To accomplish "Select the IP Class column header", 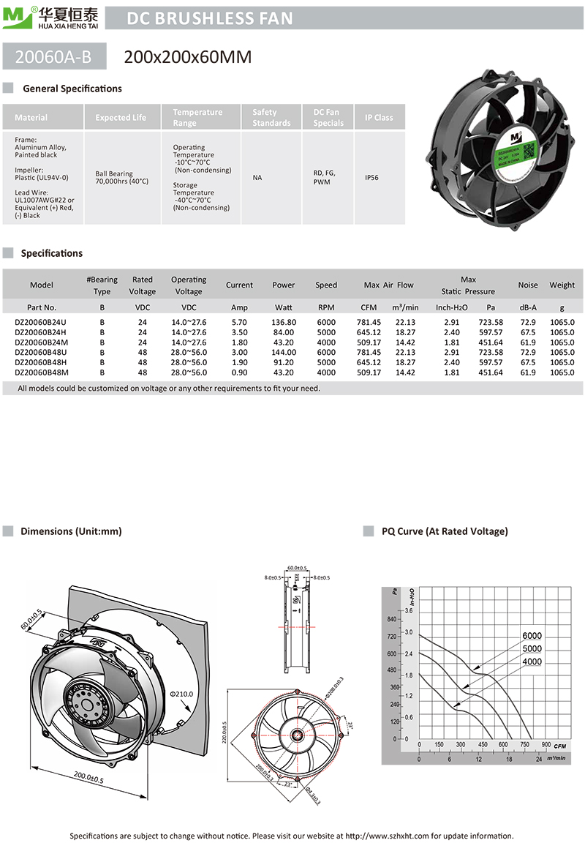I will (x=379, y=118).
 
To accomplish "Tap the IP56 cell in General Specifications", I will (x=371, y=177).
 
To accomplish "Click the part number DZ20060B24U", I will (x=41, y=321).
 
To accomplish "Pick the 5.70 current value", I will (x=239, y=321).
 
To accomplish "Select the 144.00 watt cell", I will (x=284, y=352).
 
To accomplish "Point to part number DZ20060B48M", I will (x=42, y=372).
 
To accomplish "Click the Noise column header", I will (x=527, y=285).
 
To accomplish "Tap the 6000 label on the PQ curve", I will (x=532, y=636).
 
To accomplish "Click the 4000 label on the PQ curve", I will (x=532, y=662).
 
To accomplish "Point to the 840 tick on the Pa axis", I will (x=391, y=620).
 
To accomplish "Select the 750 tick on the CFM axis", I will (x=525, y=745).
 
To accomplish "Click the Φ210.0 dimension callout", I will (x=181, y=693).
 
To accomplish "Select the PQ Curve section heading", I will (x=445, y=531).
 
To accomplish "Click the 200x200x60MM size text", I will (x=188, y=56).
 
